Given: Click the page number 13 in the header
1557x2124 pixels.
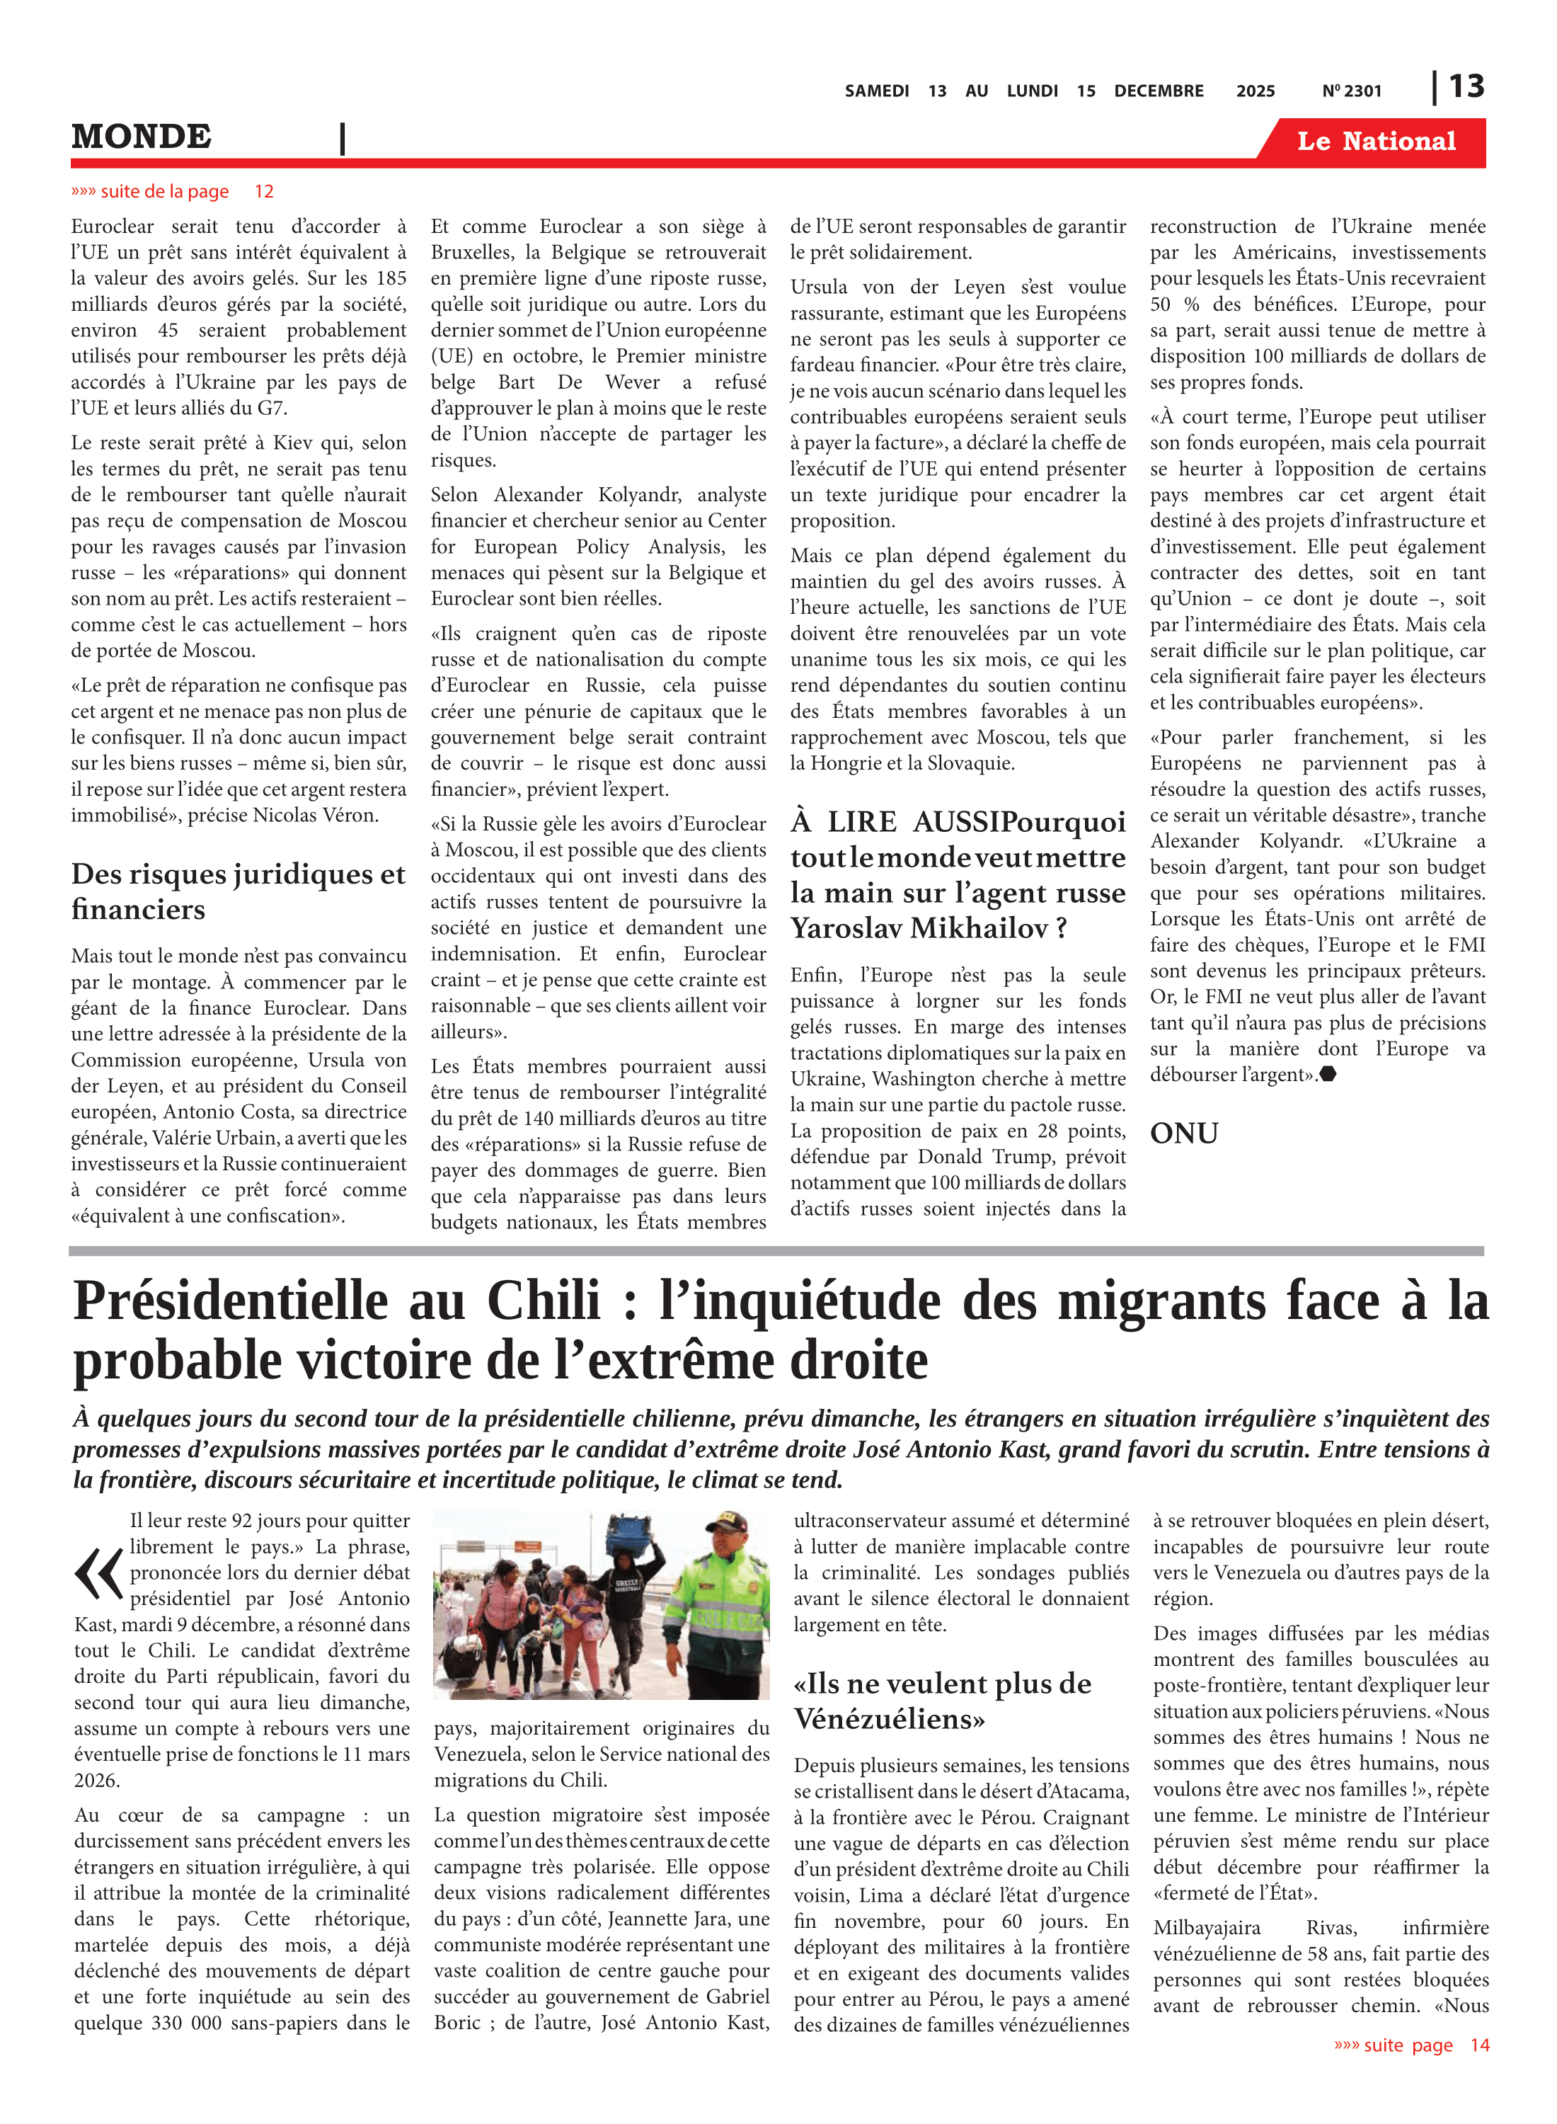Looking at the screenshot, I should [1466, 87].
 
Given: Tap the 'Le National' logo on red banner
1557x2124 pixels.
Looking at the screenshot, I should [1375, 142].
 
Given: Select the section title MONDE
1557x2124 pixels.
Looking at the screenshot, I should [142, 137].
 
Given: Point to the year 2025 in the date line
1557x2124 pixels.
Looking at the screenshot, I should [1255, 91].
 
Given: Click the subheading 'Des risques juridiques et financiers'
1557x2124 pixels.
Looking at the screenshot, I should [238, 891].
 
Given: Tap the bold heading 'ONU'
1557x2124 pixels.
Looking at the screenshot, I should [1184, 1134].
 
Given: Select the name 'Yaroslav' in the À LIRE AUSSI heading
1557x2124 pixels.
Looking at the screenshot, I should [846, 929].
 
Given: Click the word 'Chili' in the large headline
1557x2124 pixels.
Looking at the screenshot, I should [543, 1301].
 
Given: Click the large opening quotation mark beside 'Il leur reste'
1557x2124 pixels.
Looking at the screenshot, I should [98, 1575].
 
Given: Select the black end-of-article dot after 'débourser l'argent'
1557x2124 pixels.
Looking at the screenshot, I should [1328, 1074].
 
